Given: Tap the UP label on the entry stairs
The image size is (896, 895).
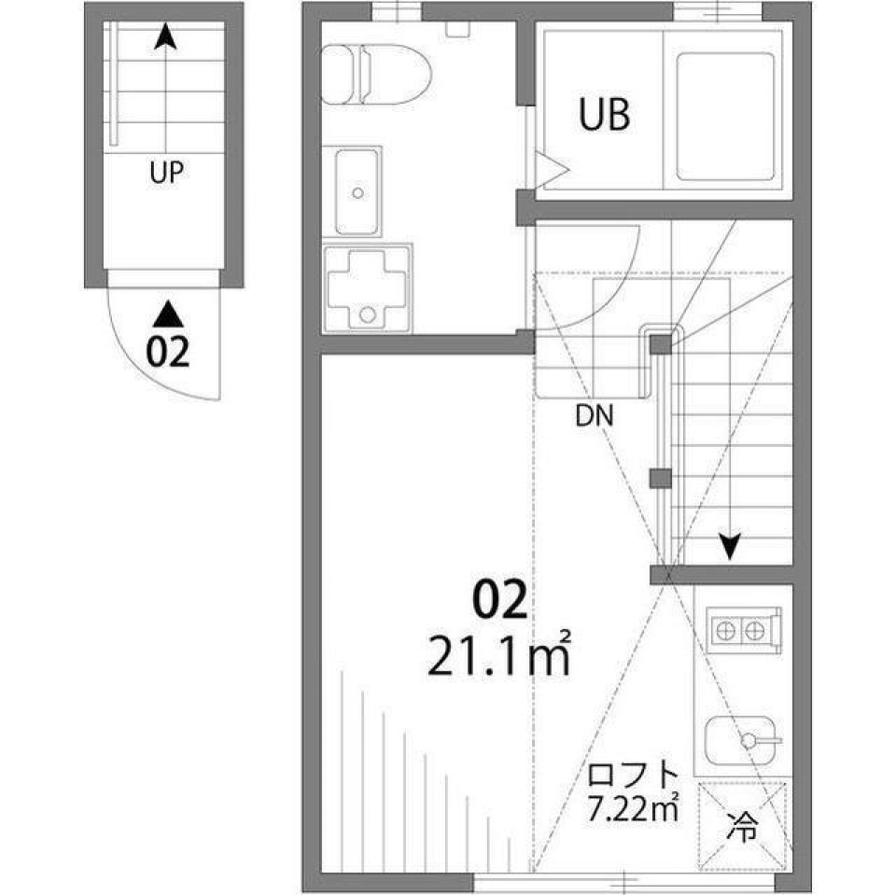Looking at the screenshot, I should tap(165, 172).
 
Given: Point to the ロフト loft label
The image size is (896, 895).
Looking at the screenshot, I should tap(631, 776).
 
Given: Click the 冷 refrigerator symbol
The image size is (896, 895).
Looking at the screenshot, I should tap(744, 825).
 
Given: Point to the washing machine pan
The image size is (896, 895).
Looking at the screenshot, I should tap(368, 287).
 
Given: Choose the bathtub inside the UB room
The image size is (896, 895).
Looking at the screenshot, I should tap(725, 116).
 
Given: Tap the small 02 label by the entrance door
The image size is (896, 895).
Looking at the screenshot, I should tap(168, 352).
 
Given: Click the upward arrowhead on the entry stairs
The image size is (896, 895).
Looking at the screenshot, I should tap(165, 36).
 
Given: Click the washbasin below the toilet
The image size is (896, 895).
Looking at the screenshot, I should tap(357, 190).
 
